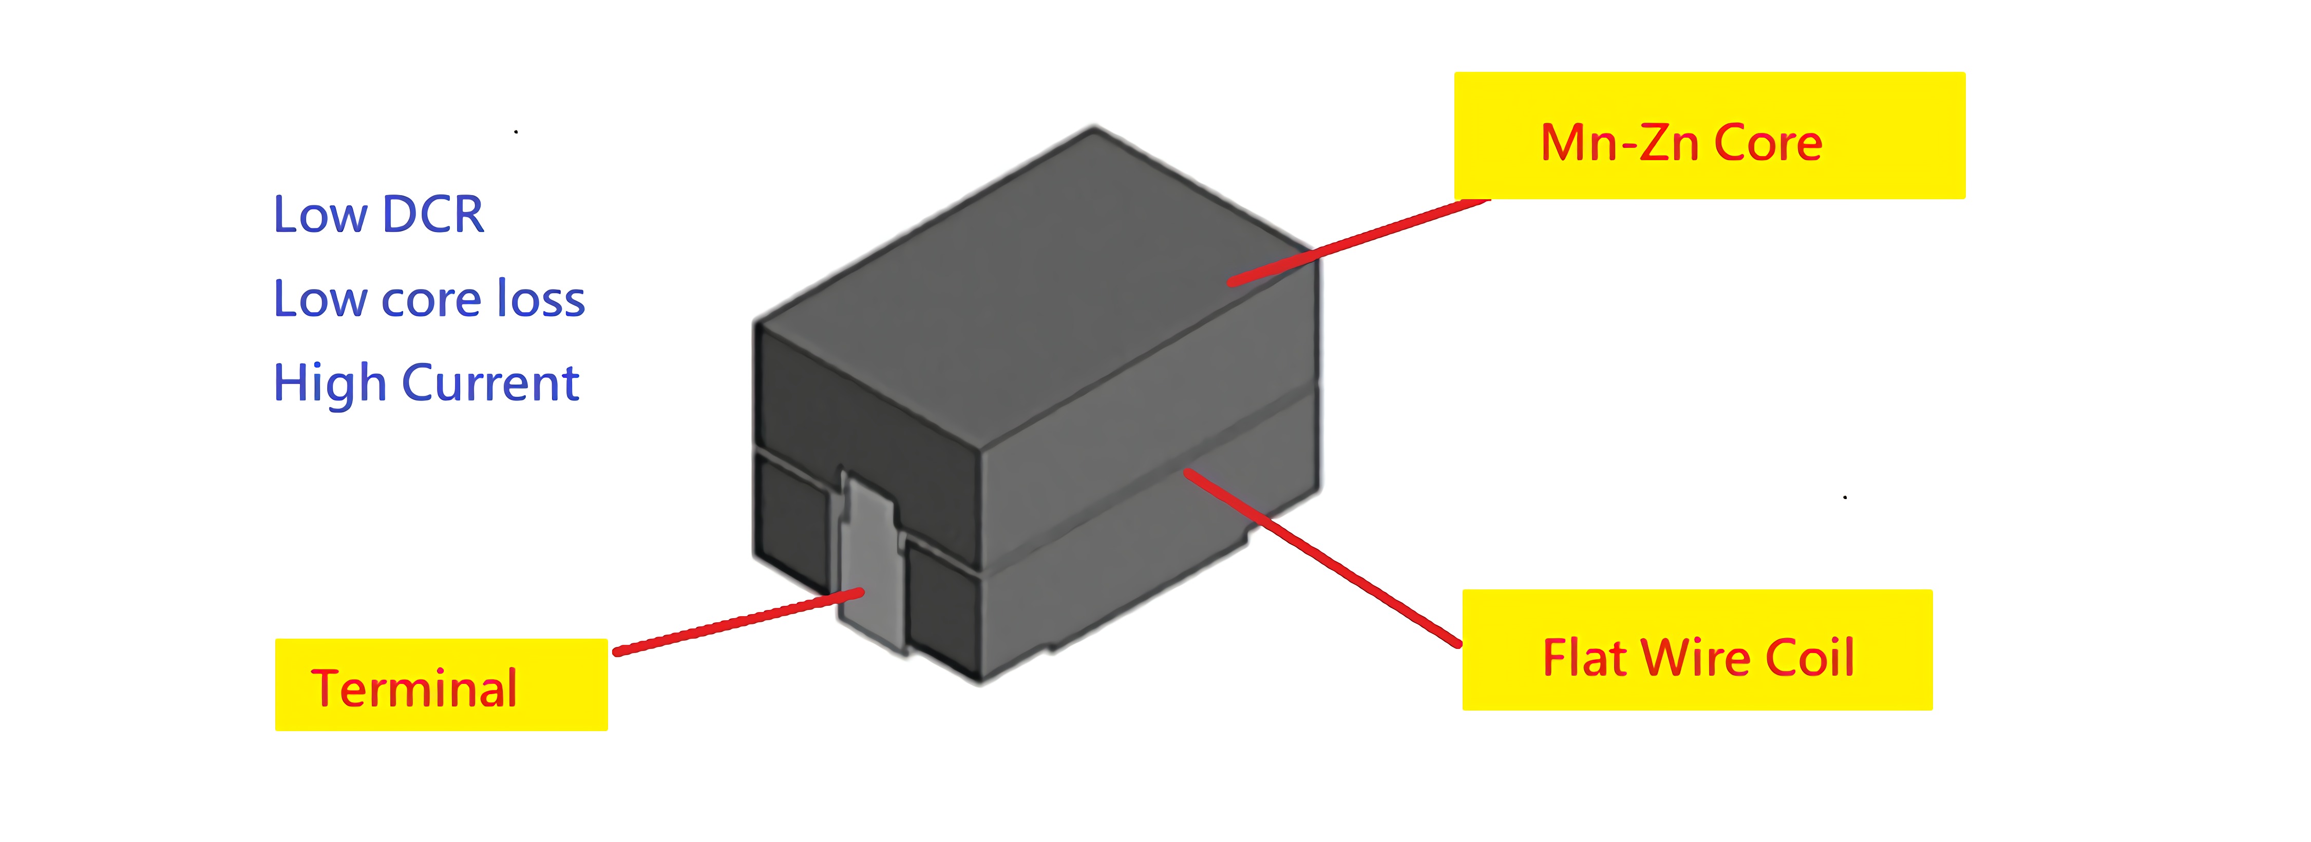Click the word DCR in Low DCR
tap(433, 215)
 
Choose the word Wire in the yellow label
tap(1696, 657)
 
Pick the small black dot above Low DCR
tap(516, 132)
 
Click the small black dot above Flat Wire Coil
tap(1845, 497)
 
